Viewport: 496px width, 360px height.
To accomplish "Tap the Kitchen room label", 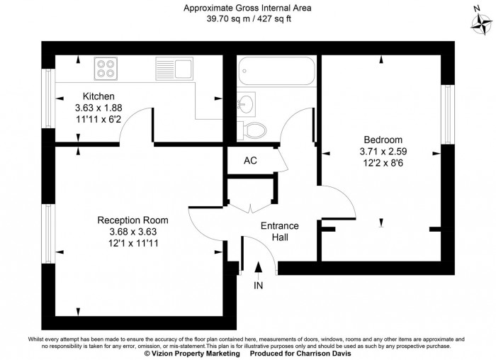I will (98, 96).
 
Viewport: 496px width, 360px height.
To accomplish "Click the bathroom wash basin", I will (246, 103).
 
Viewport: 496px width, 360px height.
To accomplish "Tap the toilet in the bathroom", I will (254, 128).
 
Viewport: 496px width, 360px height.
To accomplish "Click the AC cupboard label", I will (249, 160).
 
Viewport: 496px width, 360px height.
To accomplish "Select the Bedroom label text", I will (383, 140).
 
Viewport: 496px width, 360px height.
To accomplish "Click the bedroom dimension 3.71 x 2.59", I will (383, 151).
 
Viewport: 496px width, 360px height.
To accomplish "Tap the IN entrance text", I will (258, 286).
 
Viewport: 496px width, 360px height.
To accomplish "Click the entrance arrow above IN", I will (258, 269).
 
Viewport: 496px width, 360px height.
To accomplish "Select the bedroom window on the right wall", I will (447, 113).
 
